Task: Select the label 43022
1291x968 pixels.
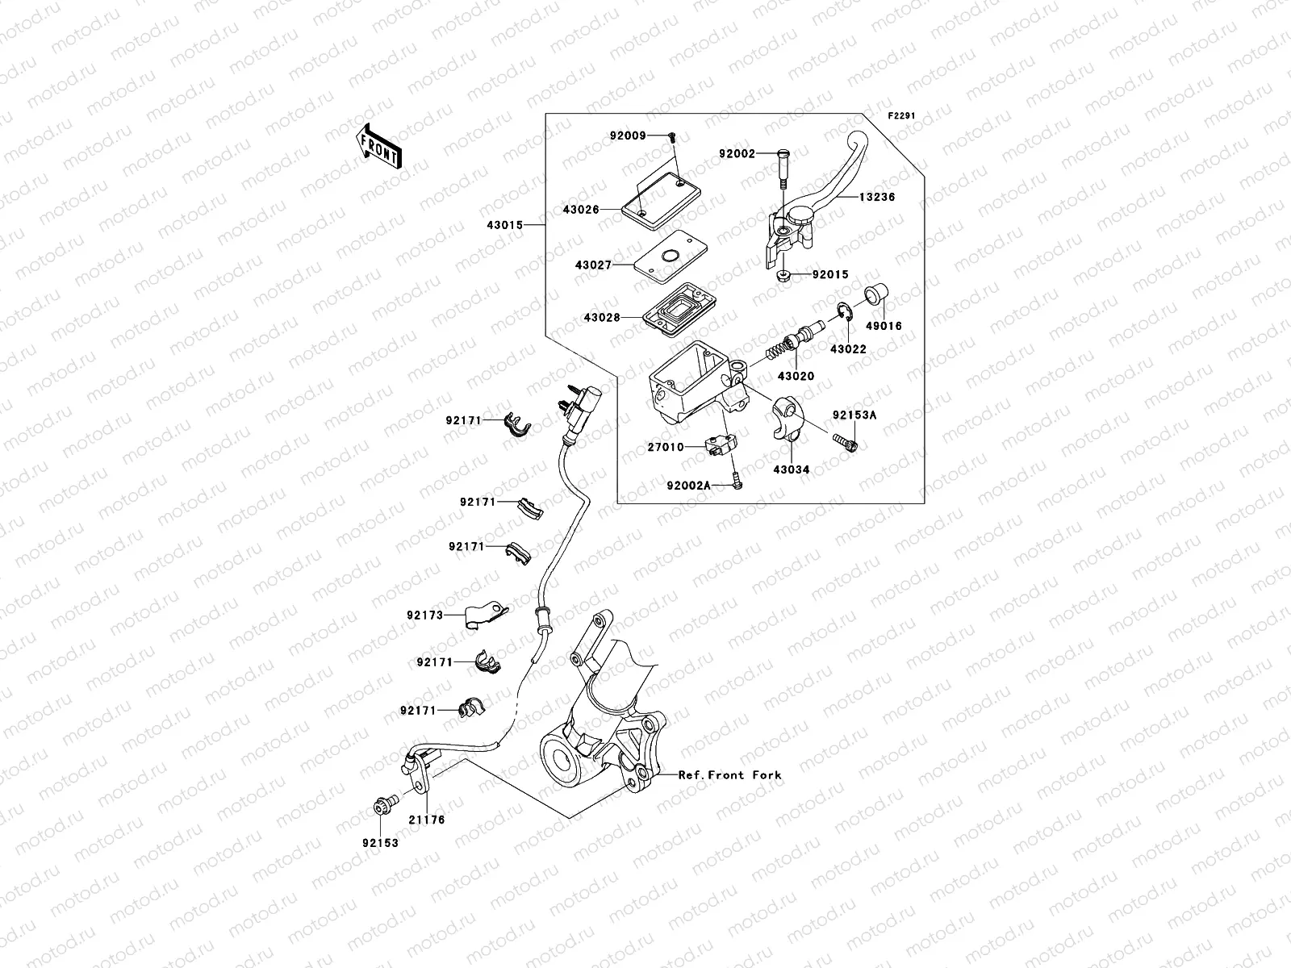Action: [848, 348]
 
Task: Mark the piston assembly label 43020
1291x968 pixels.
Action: [796, 376]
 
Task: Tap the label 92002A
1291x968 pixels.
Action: [688, 485]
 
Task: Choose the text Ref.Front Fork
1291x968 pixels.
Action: [729, 774]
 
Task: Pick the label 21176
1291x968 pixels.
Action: [426, 820]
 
